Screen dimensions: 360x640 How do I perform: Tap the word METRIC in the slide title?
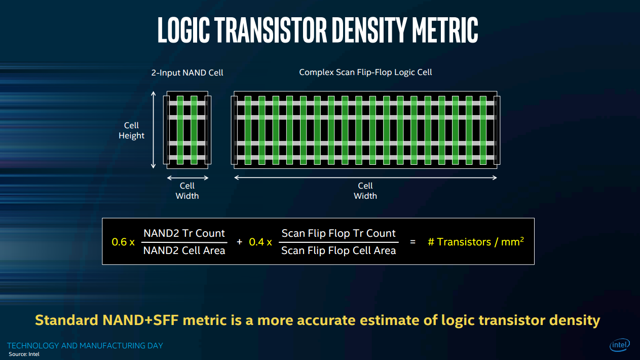tap(444, 30)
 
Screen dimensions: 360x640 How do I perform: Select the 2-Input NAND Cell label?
tap(187, 73)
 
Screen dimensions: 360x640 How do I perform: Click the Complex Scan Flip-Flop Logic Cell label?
tap(365, 72)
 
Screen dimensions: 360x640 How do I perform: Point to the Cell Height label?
tap(131, 130)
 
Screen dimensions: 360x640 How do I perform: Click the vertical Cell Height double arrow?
tap(153, 130)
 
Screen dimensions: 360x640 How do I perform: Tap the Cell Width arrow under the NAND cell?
tap(187, 177)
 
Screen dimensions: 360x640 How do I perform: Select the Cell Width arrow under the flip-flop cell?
tap(365, 177)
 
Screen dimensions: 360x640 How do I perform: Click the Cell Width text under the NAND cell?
tap(187, 191)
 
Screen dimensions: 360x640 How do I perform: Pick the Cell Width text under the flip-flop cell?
tap(365, 191)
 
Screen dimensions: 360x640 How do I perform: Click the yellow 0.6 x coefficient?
tap(123, 242)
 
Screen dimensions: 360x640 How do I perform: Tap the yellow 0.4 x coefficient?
tap(260, 242)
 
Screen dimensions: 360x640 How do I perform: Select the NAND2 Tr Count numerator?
tap(184, 233)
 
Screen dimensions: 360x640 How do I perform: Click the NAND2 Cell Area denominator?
tap(184, 250)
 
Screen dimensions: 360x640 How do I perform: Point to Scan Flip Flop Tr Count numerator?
tap(338, 233)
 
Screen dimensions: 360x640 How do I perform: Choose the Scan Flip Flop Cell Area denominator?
tap(338, 250)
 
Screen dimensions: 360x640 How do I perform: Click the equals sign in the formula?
tap(412, 242)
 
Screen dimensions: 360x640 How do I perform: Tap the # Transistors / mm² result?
tap(475, 241)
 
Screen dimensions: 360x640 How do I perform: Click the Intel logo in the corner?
tap(620, 345)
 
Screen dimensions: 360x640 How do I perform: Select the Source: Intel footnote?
tap(24, 354)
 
